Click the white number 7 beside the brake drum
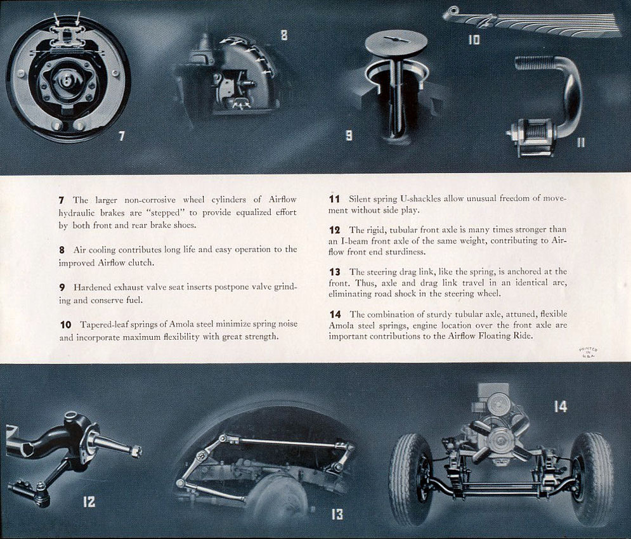[x=121, y=136]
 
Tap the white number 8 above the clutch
[x=284, y=36]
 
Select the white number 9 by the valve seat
[x=349, y=135]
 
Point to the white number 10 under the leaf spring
[x=474, y=40]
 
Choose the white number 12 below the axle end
[x=89, y=502]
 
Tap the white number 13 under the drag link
[x=337, y=514]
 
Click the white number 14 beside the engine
[x=560, y=406]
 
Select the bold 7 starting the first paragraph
[x=62, y=200]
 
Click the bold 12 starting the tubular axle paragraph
[x=335, y=230]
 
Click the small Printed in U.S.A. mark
[x=588, y=353]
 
